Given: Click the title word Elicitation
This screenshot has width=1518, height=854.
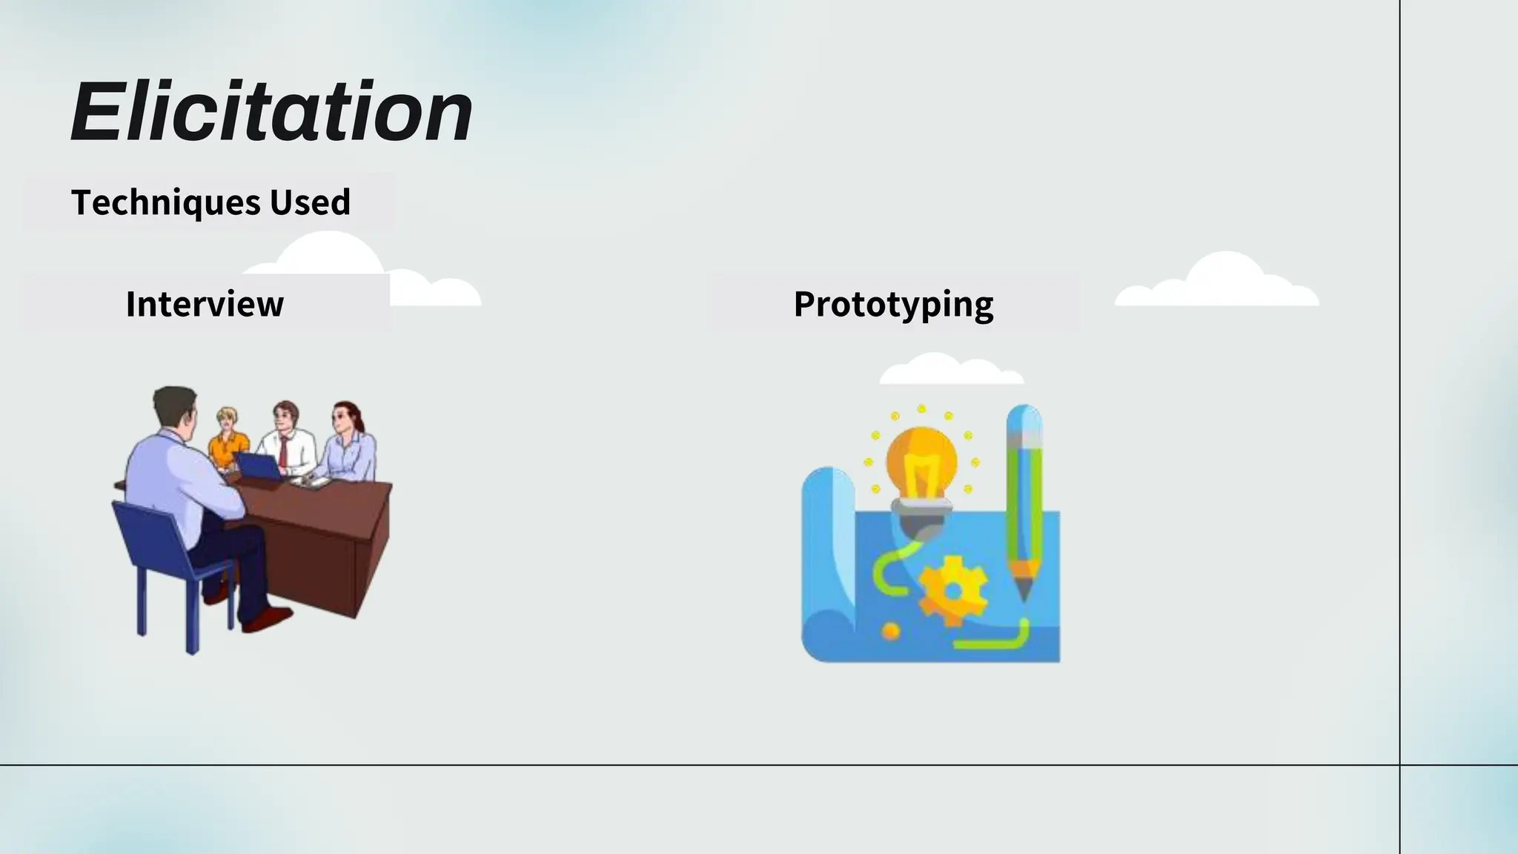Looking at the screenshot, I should click(271, 113).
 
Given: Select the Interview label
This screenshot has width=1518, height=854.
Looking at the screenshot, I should click(205, 304).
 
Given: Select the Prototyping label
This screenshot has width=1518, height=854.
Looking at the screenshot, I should click(893, 305).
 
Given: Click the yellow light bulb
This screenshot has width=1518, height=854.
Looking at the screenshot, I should click(921, 463).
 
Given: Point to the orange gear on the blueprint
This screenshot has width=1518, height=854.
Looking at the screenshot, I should click(952, 590).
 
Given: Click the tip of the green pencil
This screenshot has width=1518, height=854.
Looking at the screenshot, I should click(1023, 593).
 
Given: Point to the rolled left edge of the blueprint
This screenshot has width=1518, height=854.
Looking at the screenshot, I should click(826, 563).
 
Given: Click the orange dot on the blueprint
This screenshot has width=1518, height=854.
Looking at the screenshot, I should click(890, 632).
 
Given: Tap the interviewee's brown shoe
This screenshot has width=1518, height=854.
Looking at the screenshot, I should click(267, 618).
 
